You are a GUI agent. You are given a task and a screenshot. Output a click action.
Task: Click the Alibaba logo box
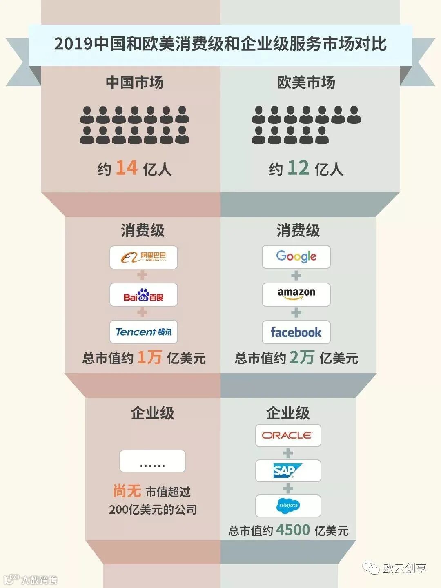pyautogui.click(x=144, y=257)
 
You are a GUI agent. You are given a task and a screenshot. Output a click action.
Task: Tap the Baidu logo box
pyautogui.click(x=144, y=295)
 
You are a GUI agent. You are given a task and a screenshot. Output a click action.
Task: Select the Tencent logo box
pyautogui.click(x=144, y=332)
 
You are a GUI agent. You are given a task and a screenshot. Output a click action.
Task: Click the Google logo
pyautogui.click(x=296, y=256)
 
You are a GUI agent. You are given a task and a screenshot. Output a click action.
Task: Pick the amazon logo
pyautogui.click(x=296, y=294)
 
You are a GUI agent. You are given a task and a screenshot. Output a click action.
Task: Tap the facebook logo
pyautogui.click(x=296, y=332)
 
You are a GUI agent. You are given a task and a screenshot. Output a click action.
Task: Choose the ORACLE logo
pyautogui.click(x=288, y=435)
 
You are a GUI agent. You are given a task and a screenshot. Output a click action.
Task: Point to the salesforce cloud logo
pyautogui.click(x=288, y=506)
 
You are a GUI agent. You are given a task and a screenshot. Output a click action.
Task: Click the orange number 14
pyautogui.click(x=127, y=168)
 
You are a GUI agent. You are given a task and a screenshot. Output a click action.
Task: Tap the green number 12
pyautogui.click(x=298, y=168)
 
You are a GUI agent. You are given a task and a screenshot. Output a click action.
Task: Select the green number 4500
pyautogui.click(x=293, y=530)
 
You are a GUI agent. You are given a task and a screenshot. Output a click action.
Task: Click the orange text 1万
pyautogui.click(x=149, y=357)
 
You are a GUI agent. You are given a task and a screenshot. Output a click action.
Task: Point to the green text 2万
pyautogui.click(x=302, y=357)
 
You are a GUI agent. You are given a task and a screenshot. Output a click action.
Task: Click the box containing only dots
pyautogui.click(x=152, y=461)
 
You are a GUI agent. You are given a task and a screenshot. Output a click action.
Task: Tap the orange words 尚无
pyautogui.click(x=127, y=490)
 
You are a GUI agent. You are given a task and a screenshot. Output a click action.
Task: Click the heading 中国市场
pyautogui.click(x=135, y=82)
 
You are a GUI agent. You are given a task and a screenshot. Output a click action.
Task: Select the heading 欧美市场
pyautogui.click(x=306, y=82)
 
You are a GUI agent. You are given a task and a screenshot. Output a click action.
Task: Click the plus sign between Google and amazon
pyautogui.click(x=296, y=276)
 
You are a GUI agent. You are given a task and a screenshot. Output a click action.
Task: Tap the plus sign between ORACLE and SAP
pyautogui.click(x=288, y=453)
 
